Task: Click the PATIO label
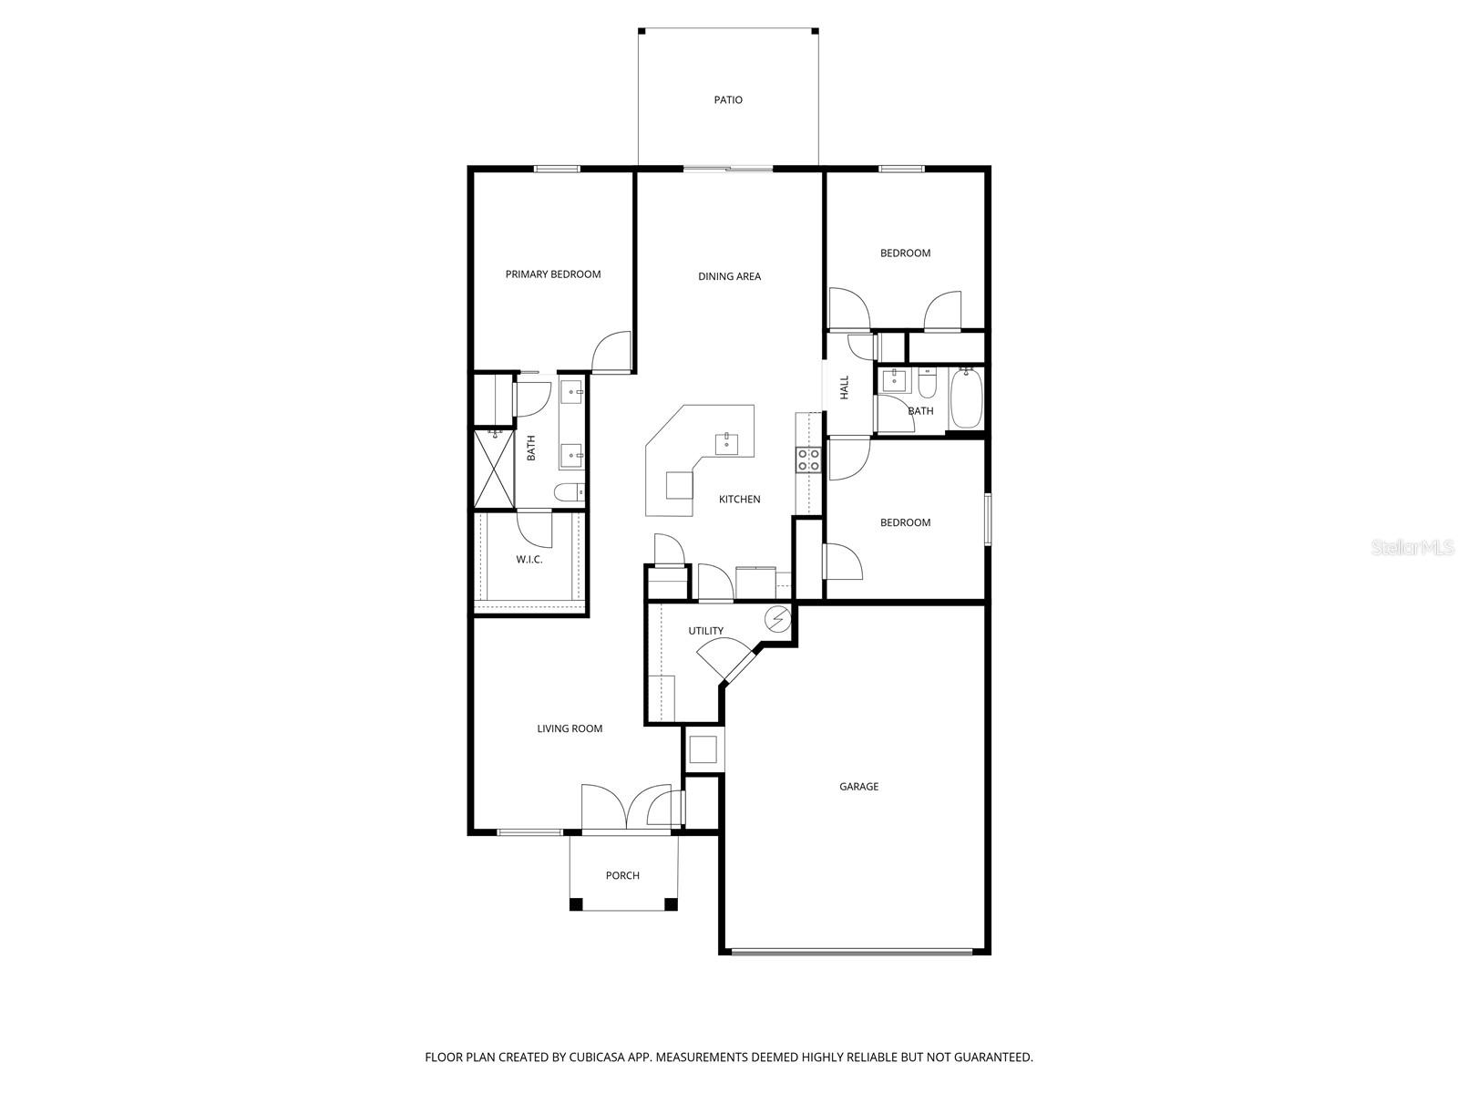pos(728,100)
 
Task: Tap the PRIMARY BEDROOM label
pos(553,274)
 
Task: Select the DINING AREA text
pos(729,276)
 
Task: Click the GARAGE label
pos(858,786)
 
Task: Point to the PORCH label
pos(622,875)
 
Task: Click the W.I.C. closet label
pos(529,559)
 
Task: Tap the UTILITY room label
pos(705,631)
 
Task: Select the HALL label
pos(845,387)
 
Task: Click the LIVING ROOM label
pos(570,728)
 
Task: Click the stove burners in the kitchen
pos(808,459)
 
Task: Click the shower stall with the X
pos(493,469)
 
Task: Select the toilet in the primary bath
pos(569,493)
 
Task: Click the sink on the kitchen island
pos(727,443)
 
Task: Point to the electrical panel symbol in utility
pos(777,619)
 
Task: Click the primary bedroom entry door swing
pos(611,353)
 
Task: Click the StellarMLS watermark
pos(1412,547)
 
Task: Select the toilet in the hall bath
pos(927,385)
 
